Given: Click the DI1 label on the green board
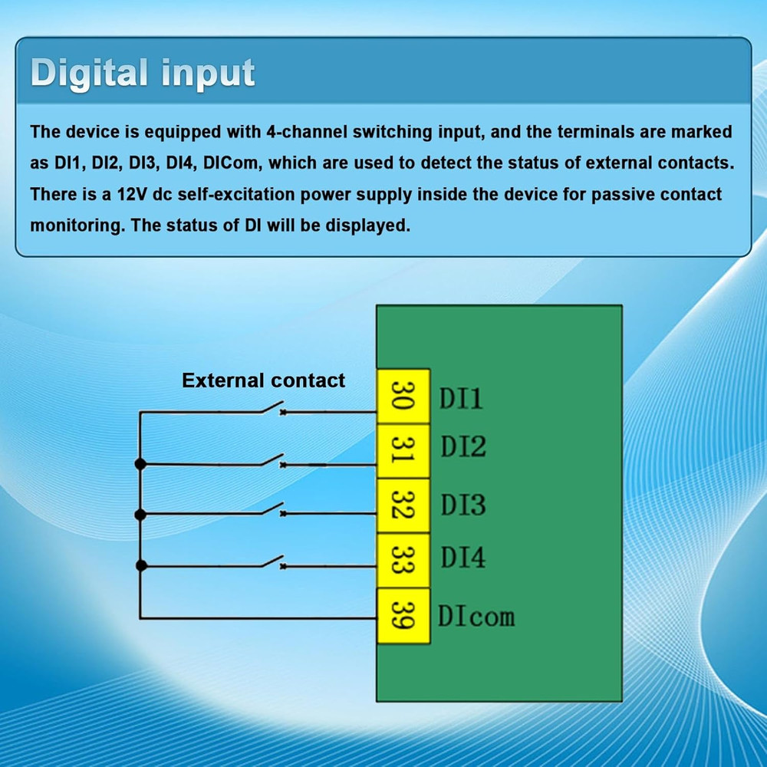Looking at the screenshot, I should (461, 398).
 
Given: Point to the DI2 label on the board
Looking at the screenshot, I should (463, 446).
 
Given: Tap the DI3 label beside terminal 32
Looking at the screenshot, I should (463, 505).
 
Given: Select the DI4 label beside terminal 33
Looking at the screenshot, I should (463, 558).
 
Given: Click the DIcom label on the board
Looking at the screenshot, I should (476, 616).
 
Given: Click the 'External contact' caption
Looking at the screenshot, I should (263, 380).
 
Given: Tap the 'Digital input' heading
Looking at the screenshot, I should (143, 74).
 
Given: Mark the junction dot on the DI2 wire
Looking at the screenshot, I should (140, 464).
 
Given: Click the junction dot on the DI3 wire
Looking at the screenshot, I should (140, 514).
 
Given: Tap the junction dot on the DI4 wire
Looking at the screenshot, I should (140, 566).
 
